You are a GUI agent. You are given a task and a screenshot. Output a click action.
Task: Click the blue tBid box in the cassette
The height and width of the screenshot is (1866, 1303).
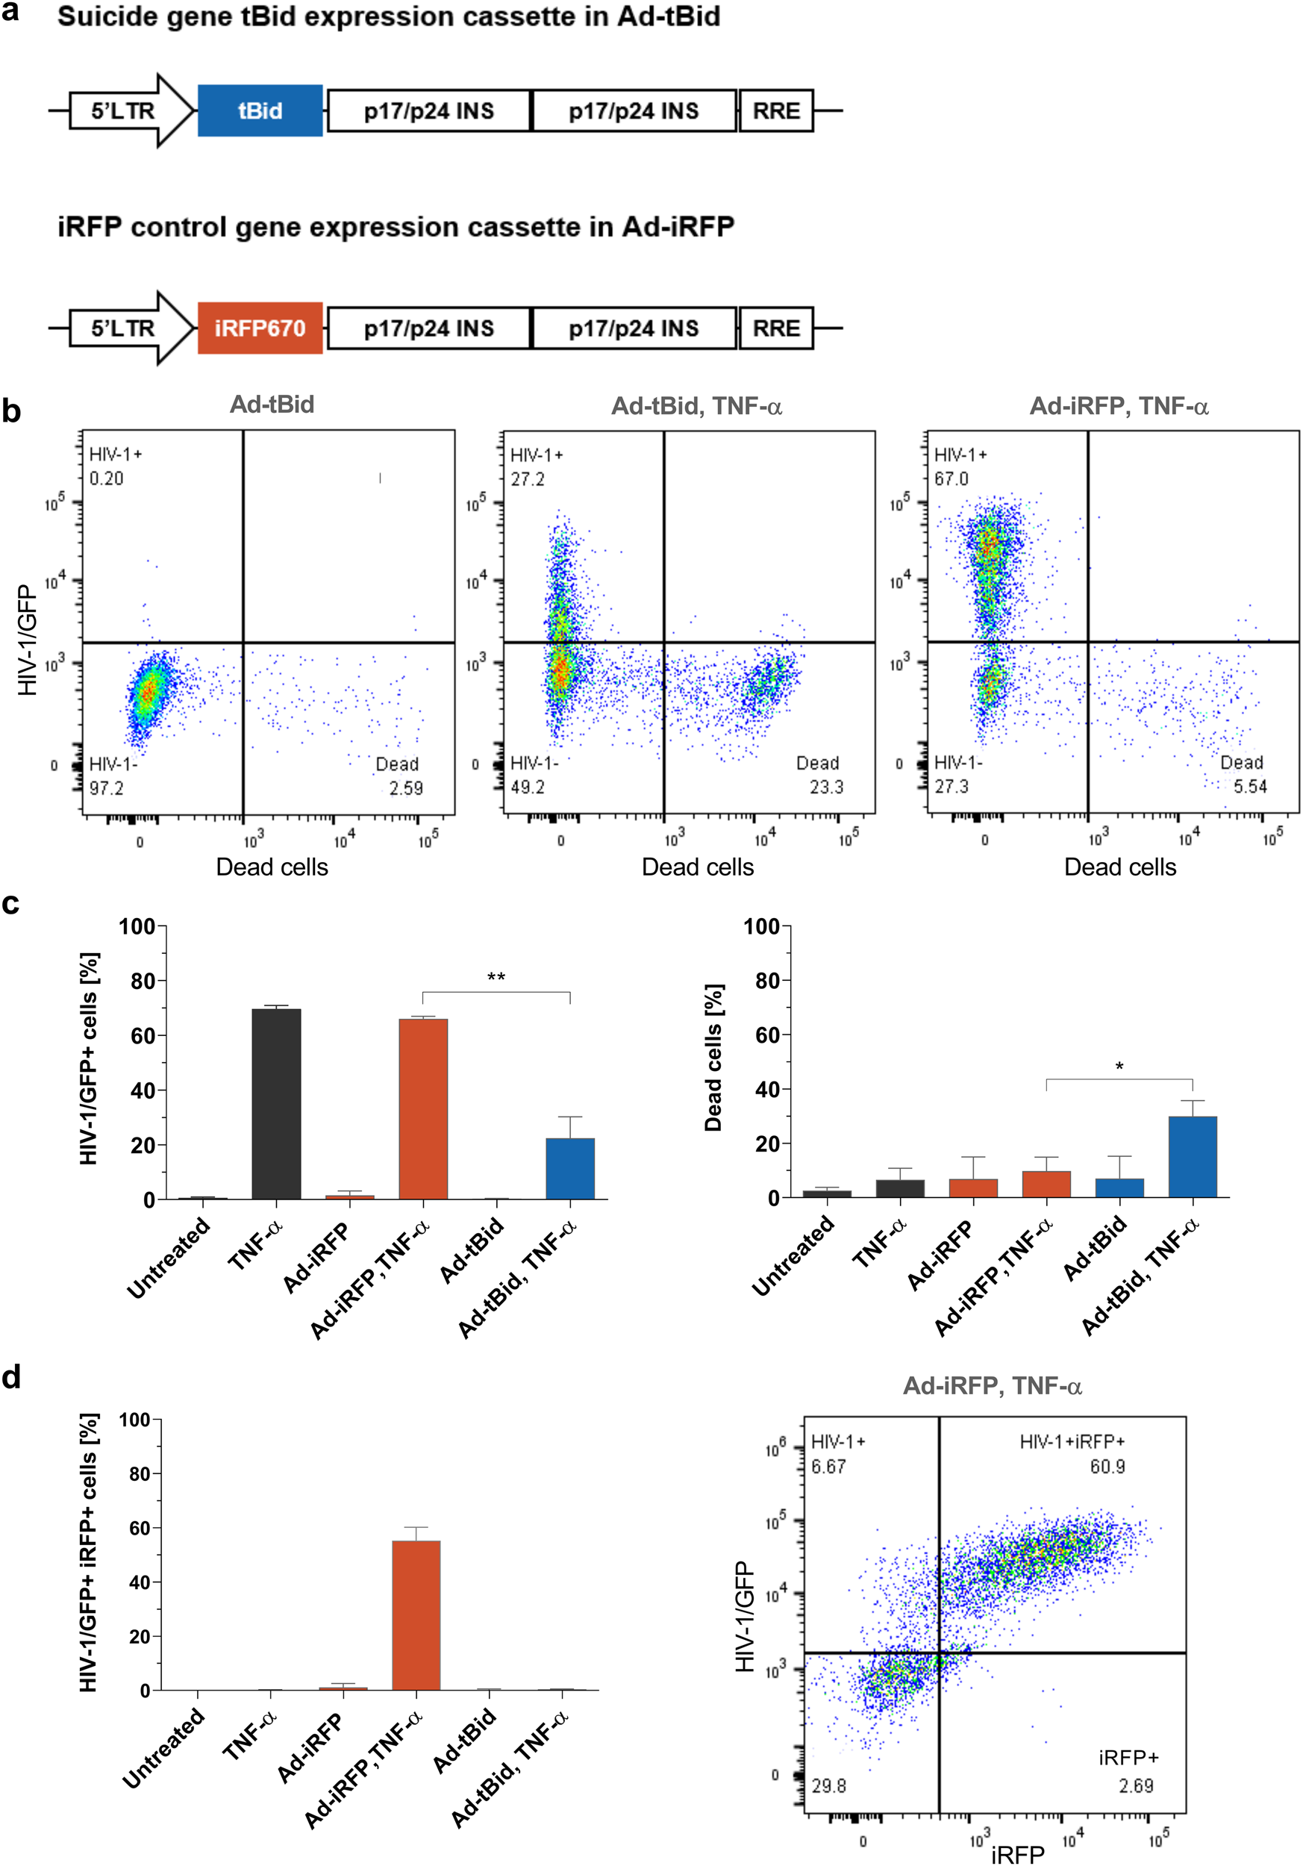260,110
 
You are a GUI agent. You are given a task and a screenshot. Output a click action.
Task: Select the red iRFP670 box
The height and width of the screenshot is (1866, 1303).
260,328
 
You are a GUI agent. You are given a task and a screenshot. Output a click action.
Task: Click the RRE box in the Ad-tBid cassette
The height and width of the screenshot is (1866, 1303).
776,110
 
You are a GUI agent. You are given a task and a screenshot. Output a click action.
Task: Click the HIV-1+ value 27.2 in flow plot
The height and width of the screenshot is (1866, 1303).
527,479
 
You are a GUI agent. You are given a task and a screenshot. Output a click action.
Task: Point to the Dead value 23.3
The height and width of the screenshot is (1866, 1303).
826,787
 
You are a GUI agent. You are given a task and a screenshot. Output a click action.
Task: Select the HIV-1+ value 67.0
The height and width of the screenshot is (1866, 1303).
951,478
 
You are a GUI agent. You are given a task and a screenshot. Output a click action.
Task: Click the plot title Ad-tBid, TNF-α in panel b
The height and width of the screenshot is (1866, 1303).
696,405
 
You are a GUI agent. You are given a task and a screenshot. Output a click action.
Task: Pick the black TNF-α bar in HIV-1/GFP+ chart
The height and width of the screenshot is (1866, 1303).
276,1105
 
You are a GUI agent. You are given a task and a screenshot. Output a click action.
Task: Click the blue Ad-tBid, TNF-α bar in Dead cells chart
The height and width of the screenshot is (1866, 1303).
1192,1158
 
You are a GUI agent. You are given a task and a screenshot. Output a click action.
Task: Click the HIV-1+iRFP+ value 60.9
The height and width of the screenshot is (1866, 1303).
1107,1466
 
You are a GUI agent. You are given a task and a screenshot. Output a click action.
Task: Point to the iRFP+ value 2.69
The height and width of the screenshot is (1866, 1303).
1136,1785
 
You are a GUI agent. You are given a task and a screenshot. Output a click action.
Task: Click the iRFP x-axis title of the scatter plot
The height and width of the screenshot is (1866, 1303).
1017,1854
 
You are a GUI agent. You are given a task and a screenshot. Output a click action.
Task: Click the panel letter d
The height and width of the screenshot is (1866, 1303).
11,1377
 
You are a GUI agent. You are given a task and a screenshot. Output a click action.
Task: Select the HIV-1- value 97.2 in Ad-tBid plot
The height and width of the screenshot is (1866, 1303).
107,787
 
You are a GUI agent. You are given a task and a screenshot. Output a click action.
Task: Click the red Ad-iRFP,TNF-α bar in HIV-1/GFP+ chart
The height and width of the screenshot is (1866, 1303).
422,1109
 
